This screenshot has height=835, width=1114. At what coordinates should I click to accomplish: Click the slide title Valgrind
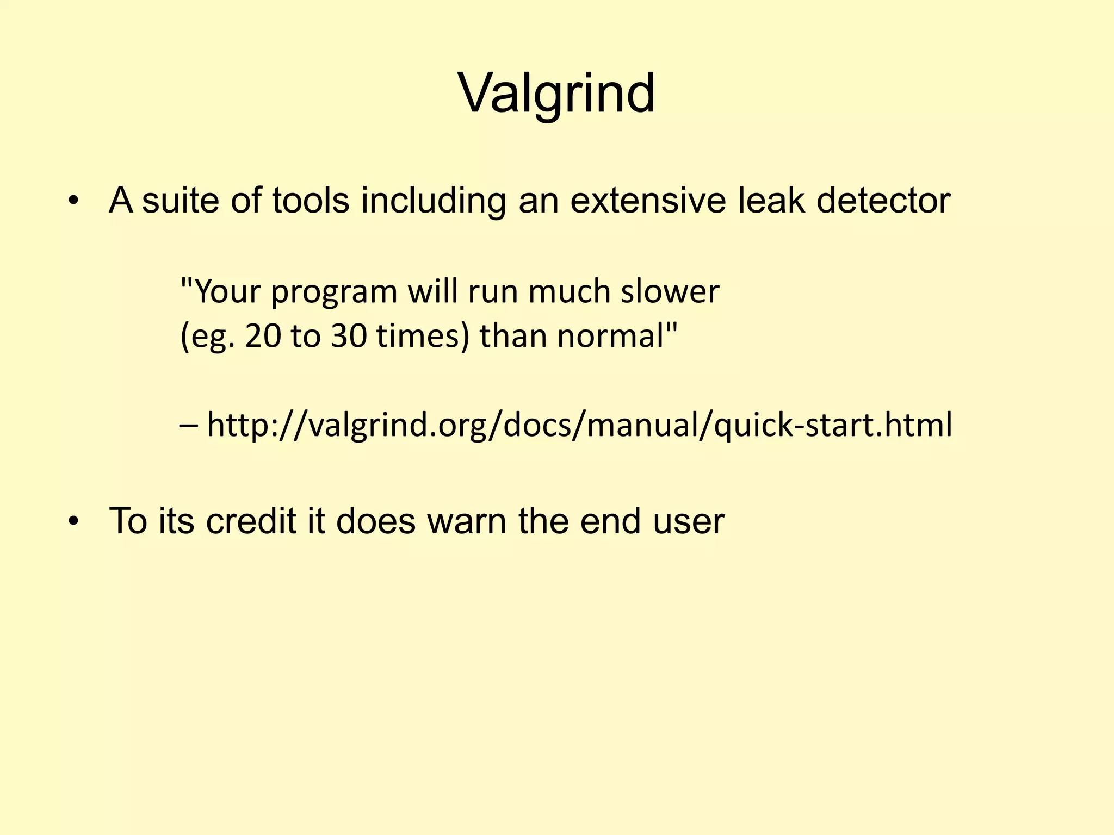click(x=556, y=94)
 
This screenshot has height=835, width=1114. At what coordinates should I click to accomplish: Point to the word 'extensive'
click(x=648, y=201)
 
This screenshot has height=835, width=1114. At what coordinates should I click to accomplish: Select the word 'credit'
click(x=251, y=521)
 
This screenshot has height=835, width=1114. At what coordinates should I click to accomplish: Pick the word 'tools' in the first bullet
click(x=311, y=201)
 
